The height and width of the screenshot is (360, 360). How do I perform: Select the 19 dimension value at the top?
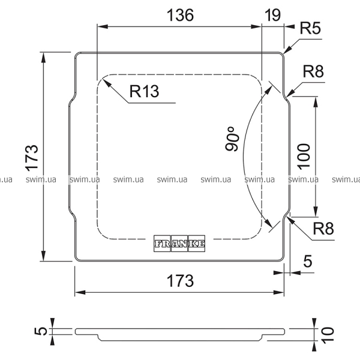272,15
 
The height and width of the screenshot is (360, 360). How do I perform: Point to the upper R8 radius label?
313,71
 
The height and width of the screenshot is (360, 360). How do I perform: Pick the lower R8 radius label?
323,229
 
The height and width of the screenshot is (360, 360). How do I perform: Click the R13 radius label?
144,92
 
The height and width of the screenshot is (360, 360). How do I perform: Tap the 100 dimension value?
304,155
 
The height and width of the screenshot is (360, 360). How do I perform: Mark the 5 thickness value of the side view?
40,331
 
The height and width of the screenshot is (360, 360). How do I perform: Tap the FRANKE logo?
180,243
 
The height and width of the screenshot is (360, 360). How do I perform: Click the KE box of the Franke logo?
197,243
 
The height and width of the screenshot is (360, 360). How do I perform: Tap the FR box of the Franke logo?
163,243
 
